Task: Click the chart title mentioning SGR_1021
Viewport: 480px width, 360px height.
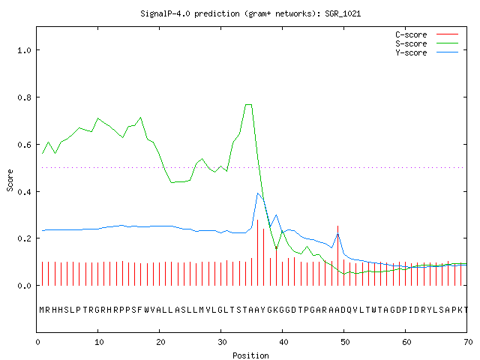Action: coord(250,13)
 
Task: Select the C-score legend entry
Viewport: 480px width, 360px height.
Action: coord(427,34)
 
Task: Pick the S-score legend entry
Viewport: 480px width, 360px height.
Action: coord(427,43)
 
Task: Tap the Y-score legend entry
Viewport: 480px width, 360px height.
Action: coord(427,52)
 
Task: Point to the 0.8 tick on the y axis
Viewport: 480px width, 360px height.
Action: coord(25,97)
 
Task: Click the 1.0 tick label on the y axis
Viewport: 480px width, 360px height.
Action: coord(25,50)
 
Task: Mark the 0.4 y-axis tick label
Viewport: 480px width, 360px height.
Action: coord(25,192)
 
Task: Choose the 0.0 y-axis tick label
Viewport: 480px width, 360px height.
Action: coord(25,286)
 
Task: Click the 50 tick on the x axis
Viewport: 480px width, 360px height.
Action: coord(345,342)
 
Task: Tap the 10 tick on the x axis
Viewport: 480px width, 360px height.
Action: coord(99,342)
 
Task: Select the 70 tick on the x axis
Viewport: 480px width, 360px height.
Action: coord(468,342)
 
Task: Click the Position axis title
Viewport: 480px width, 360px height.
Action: coord(250,355)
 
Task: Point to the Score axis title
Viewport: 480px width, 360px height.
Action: coord(10,180)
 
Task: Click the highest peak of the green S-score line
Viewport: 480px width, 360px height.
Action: coord(248,105)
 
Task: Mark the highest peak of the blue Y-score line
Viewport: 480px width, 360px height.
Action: coord(258,193)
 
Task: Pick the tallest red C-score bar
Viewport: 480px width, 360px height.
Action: coord(258,253)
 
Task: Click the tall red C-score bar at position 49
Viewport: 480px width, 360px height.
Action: coord(337,256)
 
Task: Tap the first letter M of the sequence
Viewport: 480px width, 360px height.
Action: coord(42,310)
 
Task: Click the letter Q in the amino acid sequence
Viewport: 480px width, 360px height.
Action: coord(349,310)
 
